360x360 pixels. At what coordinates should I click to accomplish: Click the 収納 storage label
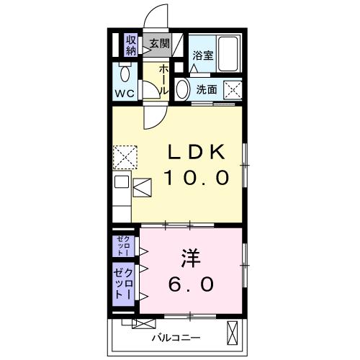tap(131, 45)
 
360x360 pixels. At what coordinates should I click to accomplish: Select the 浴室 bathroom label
tap(202, 55)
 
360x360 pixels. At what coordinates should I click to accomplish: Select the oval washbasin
tap(182, 90)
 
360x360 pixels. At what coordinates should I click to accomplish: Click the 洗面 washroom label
tap(207, 90)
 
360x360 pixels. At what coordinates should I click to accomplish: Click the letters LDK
tap(197, 152)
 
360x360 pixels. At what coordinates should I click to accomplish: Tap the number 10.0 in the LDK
tap(197, 176)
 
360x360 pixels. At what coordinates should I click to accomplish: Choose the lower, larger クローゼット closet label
tap(123, 285)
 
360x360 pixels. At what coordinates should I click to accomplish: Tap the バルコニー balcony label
tap(176, 337)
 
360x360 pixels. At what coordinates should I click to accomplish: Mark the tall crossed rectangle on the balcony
tap(232, 335)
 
